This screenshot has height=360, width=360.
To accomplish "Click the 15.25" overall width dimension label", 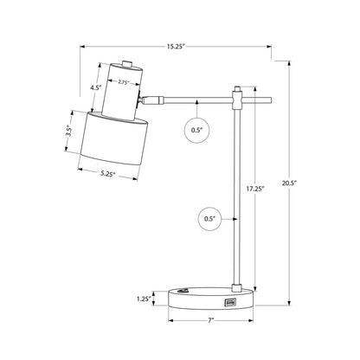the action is point(175,47).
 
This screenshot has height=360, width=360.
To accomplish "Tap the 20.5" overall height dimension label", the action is point(289,183).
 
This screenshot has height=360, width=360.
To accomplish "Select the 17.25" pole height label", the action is point(255,190).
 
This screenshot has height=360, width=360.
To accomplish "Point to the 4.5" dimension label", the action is point(95,87).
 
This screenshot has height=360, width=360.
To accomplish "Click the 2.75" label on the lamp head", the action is point(123,82).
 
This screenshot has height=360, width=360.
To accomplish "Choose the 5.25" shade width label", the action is point(108,174).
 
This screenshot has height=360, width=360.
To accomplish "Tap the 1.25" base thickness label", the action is point(144,299).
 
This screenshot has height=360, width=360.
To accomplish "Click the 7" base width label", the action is point(211,320).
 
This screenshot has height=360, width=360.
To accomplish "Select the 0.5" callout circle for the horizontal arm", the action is point(196,130).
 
